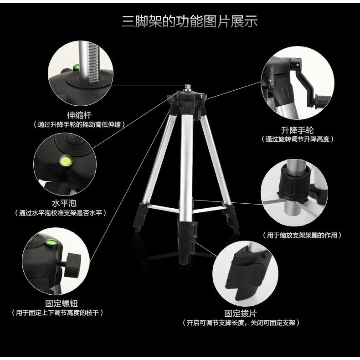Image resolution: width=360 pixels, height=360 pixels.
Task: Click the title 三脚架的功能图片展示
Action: (190, 21)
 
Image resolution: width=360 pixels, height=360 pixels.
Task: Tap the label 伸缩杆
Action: (79, 115)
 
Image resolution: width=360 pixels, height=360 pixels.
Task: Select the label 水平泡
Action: (64, 203)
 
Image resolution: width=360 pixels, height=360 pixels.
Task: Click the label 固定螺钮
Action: (62, 303)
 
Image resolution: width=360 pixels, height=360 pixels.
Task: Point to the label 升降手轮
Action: (297, 130)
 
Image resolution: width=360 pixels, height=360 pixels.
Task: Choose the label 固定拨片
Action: (241, 313)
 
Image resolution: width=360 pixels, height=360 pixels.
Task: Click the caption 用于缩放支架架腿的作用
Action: (302, 235)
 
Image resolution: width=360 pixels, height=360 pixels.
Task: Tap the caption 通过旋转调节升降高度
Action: (297, 139)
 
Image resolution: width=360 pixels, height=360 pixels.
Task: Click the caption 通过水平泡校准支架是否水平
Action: (61, 213)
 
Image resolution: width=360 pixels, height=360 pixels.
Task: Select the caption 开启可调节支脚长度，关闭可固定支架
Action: (241, 323)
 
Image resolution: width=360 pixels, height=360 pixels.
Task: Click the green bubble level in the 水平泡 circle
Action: (66, 160)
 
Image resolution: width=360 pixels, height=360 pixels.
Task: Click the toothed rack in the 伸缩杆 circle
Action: (94, 62)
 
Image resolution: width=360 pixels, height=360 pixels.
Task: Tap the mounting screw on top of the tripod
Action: (187, 87)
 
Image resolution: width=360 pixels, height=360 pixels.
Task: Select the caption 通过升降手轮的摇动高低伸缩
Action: (79, 124)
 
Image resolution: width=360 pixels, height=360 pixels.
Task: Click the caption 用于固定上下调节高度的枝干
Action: (57, 313)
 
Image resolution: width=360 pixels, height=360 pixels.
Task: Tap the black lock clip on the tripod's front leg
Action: (188, 230)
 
